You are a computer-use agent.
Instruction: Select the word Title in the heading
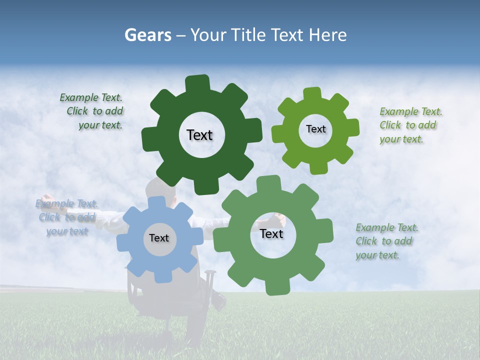tap(246, 35)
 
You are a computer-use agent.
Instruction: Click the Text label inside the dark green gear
tap(199, 135)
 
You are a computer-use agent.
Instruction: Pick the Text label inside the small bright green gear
tap(315, 129)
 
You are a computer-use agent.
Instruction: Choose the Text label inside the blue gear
tap(159, 238)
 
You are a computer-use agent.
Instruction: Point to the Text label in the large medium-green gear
tap(271, 234)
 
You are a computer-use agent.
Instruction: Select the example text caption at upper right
tap(410, 125)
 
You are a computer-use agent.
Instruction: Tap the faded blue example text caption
tap(66, 217)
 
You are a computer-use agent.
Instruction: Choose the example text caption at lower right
tap(386, 241)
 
